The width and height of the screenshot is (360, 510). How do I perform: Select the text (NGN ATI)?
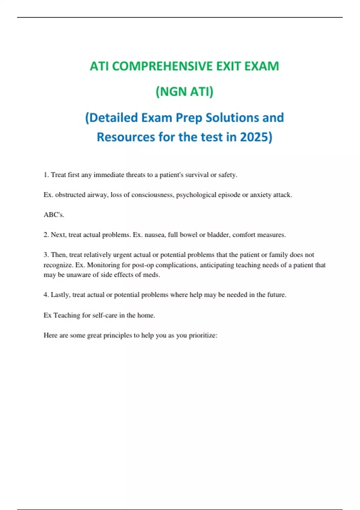click(184, 91)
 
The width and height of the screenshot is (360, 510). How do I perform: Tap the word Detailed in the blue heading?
click(113, 118)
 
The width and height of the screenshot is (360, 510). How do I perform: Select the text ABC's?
click(54, 215)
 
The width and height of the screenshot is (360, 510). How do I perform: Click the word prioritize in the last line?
click(203, 335)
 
